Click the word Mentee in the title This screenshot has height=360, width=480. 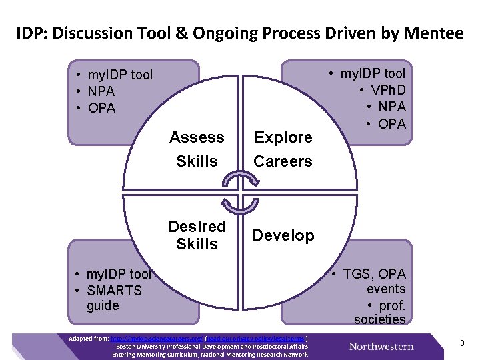[431, 33]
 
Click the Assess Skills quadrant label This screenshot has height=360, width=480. [197, 149]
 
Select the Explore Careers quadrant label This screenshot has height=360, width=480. [283, 149]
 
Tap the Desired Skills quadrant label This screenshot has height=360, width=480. [197, 235]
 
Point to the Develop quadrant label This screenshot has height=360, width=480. [283, 235]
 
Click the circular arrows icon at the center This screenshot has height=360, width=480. [240, 190]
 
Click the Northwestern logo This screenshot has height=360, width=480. [381, 346]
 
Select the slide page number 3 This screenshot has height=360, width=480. [461, 343]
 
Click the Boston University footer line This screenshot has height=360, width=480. [212, 347]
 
